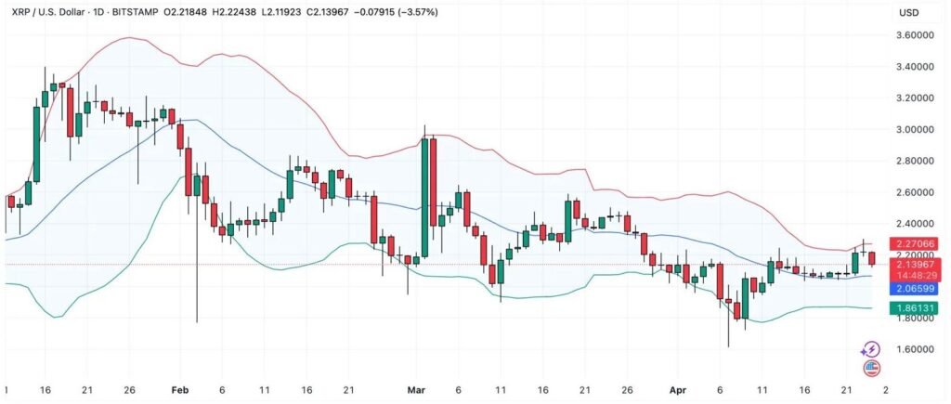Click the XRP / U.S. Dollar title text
point(47,12)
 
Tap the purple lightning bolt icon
point(870,349)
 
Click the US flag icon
point(871,369)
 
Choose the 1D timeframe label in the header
point(102,12)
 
